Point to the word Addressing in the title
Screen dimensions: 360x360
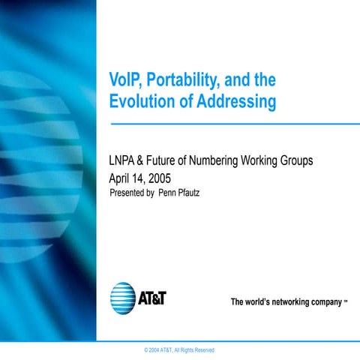coord(236,101)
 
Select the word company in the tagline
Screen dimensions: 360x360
coord(324,303)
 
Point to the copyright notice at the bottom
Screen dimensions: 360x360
coord(173,350)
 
